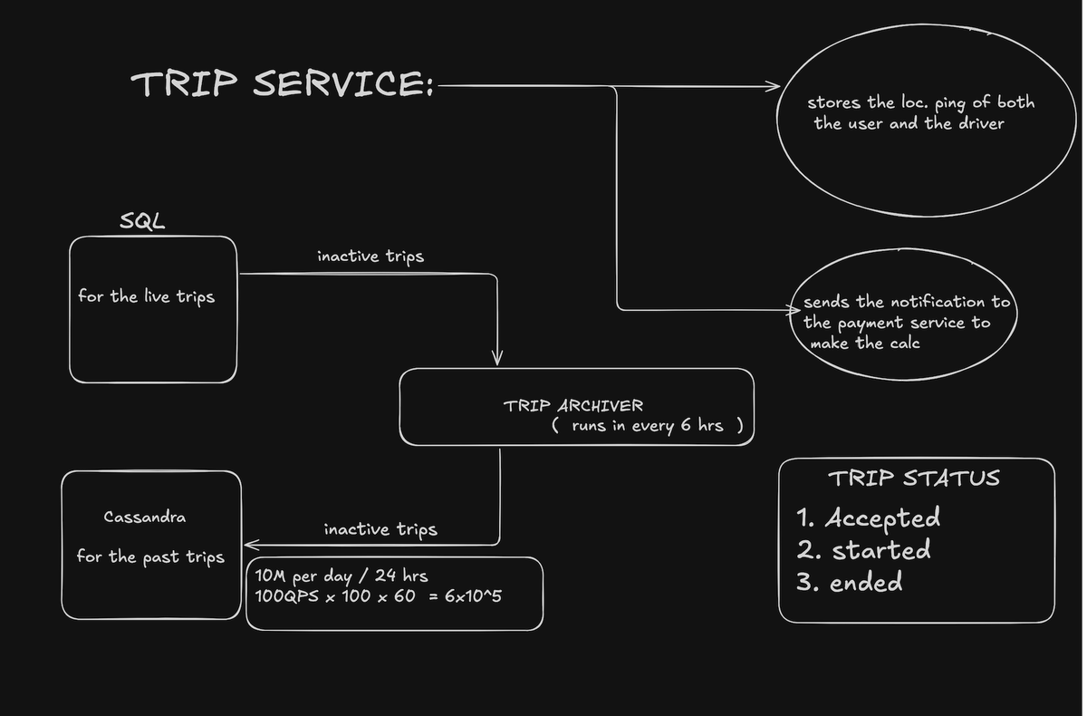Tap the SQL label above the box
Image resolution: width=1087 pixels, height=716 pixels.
[x=142, y=221]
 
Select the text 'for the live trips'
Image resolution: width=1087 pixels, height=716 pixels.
[x=146, y=296]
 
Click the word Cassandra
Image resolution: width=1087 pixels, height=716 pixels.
[x=145, y=518]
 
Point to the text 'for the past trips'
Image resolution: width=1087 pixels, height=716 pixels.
[x=149, y=556]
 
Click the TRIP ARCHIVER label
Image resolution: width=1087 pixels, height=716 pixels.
[x=573, y=405]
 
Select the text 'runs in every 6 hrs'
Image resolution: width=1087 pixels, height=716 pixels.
[x=648, y=425]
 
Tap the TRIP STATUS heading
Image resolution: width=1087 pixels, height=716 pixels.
[x=913, y=478]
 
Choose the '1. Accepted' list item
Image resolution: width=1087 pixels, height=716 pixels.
[x=868, y=518]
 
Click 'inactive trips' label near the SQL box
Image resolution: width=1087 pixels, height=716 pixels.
[x=370, y=256]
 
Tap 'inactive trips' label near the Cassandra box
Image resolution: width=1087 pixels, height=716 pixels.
[x=380, y=529]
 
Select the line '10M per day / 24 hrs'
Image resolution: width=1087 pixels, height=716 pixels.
[x=341, y=576]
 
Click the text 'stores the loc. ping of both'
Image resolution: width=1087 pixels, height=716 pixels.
[x=920, y=102]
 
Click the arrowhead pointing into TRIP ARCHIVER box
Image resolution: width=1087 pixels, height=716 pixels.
[x=497, y=358]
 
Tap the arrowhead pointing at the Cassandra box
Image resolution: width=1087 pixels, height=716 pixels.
[x=251, y=545]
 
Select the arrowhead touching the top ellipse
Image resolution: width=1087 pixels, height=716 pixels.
[x=772, y=87]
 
